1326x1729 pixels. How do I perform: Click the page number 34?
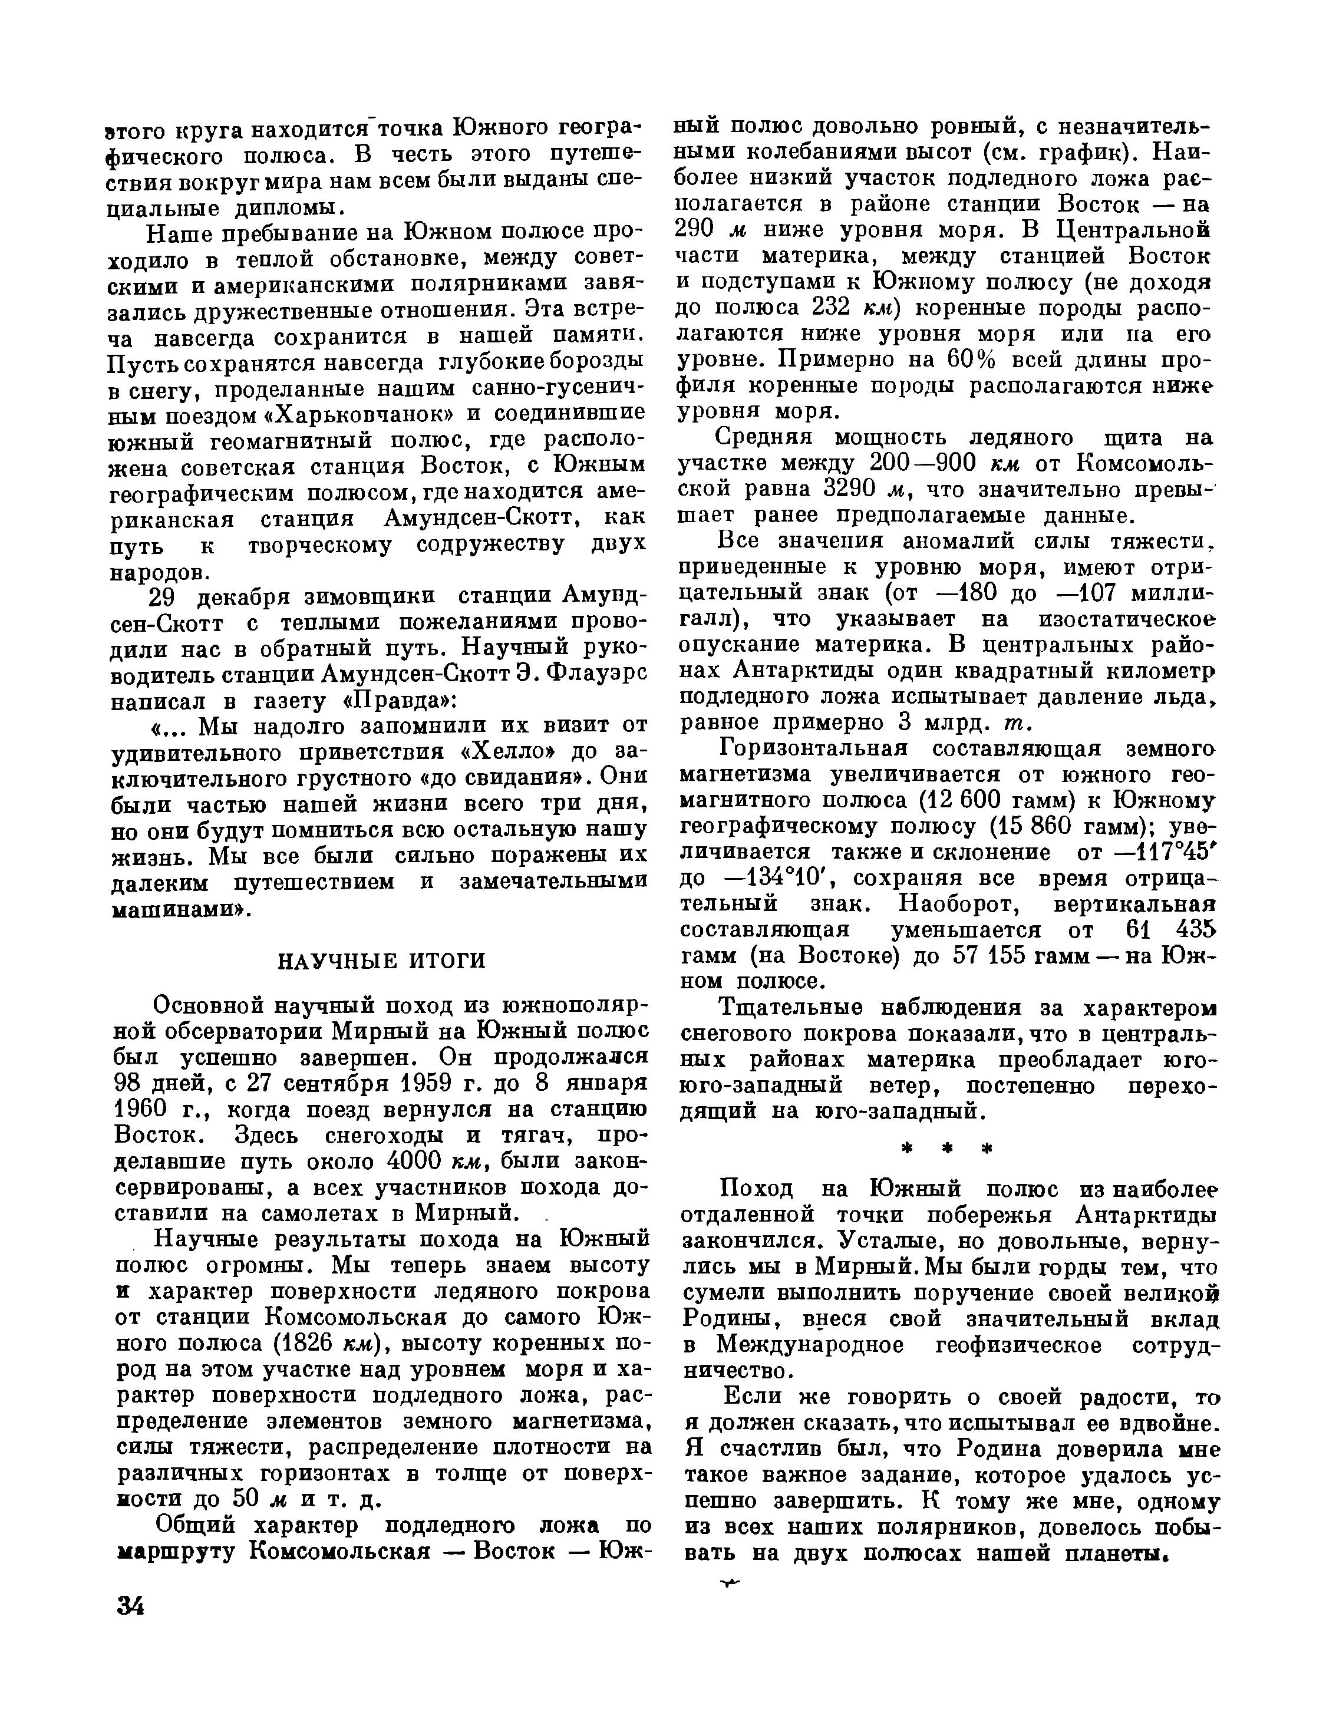(x=130, y=1605)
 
